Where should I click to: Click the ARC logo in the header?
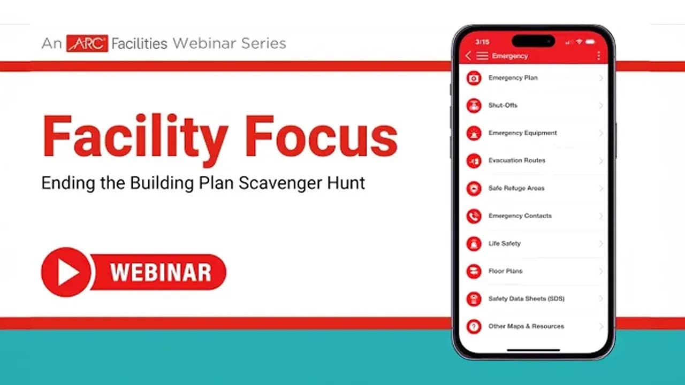(87, 43)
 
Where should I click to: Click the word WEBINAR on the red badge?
(161, 272)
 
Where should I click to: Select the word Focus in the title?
(321, 136)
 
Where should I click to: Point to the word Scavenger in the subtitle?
(280, 183)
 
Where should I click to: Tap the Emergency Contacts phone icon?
(474, 217)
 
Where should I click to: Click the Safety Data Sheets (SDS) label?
(526, 298)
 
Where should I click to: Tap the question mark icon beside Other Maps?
(474, 327)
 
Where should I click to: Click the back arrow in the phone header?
(468, 56)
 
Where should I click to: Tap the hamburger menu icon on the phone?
(482, 56)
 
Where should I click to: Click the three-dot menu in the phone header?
(598, 56)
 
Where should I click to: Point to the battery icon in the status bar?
(590, 42)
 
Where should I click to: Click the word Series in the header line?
(264, 43)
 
